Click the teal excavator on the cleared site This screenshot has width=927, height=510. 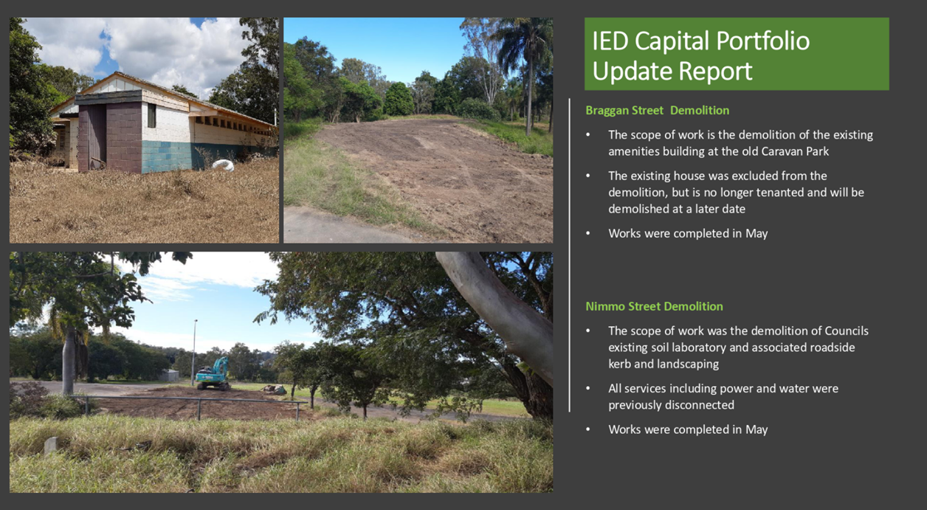(x=213, y=374)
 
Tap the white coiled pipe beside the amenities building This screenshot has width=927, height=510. (x=223, y=165)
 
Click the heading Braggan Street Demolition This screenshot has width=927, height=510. (x=657, y=111)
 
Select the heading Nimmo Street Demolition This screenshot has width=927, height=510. (x=654, y=306)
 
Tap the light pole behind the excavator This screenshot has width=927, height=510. (x=193, y=352)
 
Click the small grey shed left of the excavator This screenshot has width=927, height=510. (x=169, y=375)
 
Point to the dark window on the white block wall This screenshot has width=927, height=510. (x=151, y=115)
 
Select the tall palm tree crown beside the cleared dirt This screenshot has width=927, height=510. (x=525, y=41)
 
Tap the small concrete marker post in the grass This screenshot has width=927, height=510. (x=50, y=445)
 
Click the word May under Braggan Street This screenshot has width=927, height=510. (x=757, y=233)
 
